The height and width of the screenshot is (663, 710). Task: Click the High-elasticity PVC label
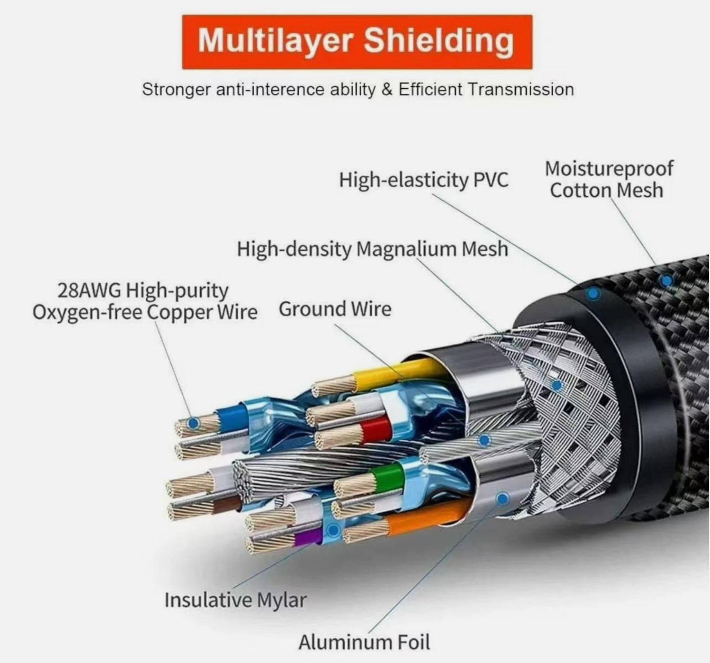[x=423, y=180]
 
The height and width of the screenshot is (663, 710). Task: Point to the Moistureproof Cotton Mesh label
[x=609, y=179]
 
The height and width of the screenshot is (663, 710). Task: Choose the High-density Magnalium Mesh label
[x=372, y=249]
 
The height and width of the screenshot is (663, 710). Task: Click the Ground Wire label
[x=335, y=309]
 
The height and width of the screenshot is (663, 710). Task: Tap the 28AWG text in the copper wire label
[x=89, y=291]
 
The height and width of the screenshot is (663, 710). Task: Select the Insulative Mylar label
[x=235, y=600]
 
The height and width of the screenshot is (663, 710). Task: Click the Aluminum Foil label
[x=364, y=642]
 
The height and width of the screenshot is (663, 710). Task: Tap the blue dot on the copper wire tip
[x=193, y=423]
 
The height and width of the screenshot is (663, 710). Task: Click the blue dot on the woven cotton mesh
[x=666, y=280]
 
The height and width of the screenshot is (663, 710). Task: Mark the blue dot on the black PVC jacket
[x=593, y=293]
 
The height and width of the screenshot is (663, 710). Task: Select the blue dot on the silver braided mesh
[x=556, y=386]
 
